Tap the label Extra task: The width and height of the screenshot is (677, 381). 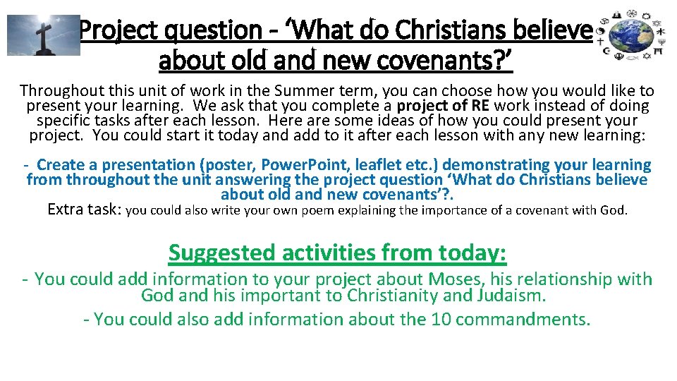coord(84,210)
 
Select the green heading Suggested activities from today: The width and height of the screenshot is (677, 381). coord(338,252)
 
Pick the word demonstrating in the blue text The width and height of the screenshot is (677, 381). coord(494,165)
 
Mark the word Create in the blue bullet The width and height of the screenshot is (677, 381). coord(61,165)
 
